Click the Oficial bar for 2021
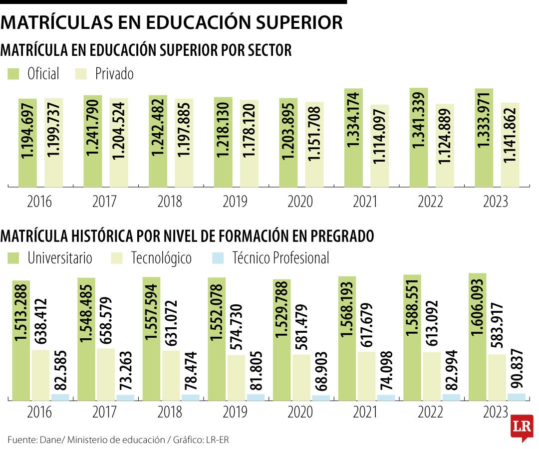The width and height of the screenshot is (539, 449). pos(353,137)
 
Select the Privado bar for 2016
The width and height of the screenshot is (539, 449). pos(53,142)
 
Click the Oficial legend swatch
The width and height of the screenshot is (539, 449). pos(13,74)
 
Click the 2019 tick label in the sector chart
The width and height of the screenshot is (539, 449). pos(235,202)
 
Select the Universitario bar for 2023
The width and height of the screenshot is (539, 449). pos(478,337)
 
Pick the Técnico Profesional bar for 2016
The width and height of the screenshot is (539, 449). pos(60,397)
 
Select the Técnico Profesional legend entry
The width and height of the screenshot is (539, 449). pos(280,258)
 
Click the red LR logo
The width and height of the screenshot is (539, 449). pos(522,427)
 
